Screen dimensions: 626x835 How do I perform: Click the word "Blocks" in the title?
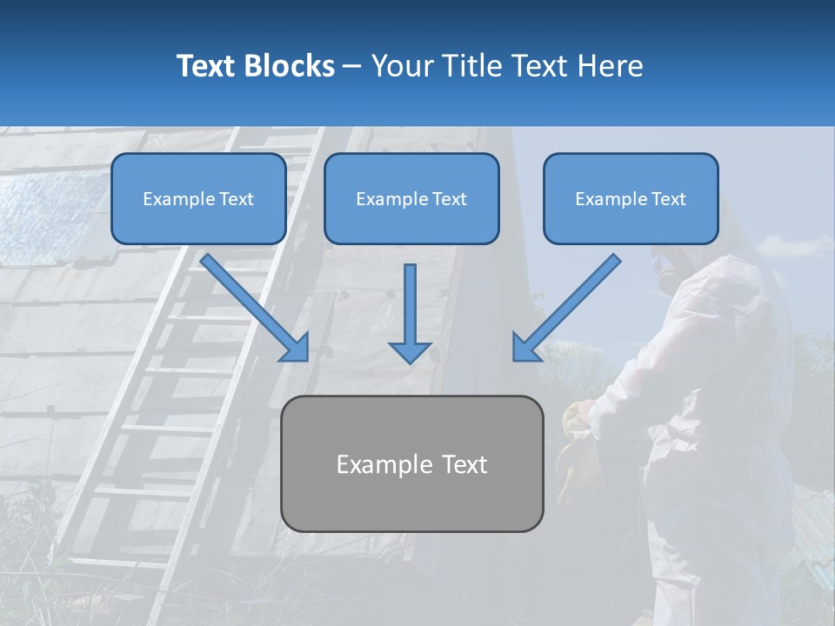pos(291,66)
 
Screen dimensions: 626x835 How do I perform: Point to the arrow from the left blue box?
pos(255,307)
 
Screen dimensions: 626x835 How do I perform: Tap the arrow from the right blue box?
pos(566,307)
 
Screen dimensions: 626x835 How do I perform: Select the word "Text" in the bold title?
pos(209,66)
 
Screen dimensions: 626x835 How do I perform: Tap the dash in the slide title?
pos(352,67)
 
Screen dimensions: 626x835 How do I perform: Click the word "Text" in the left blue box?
pos(236,199)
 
